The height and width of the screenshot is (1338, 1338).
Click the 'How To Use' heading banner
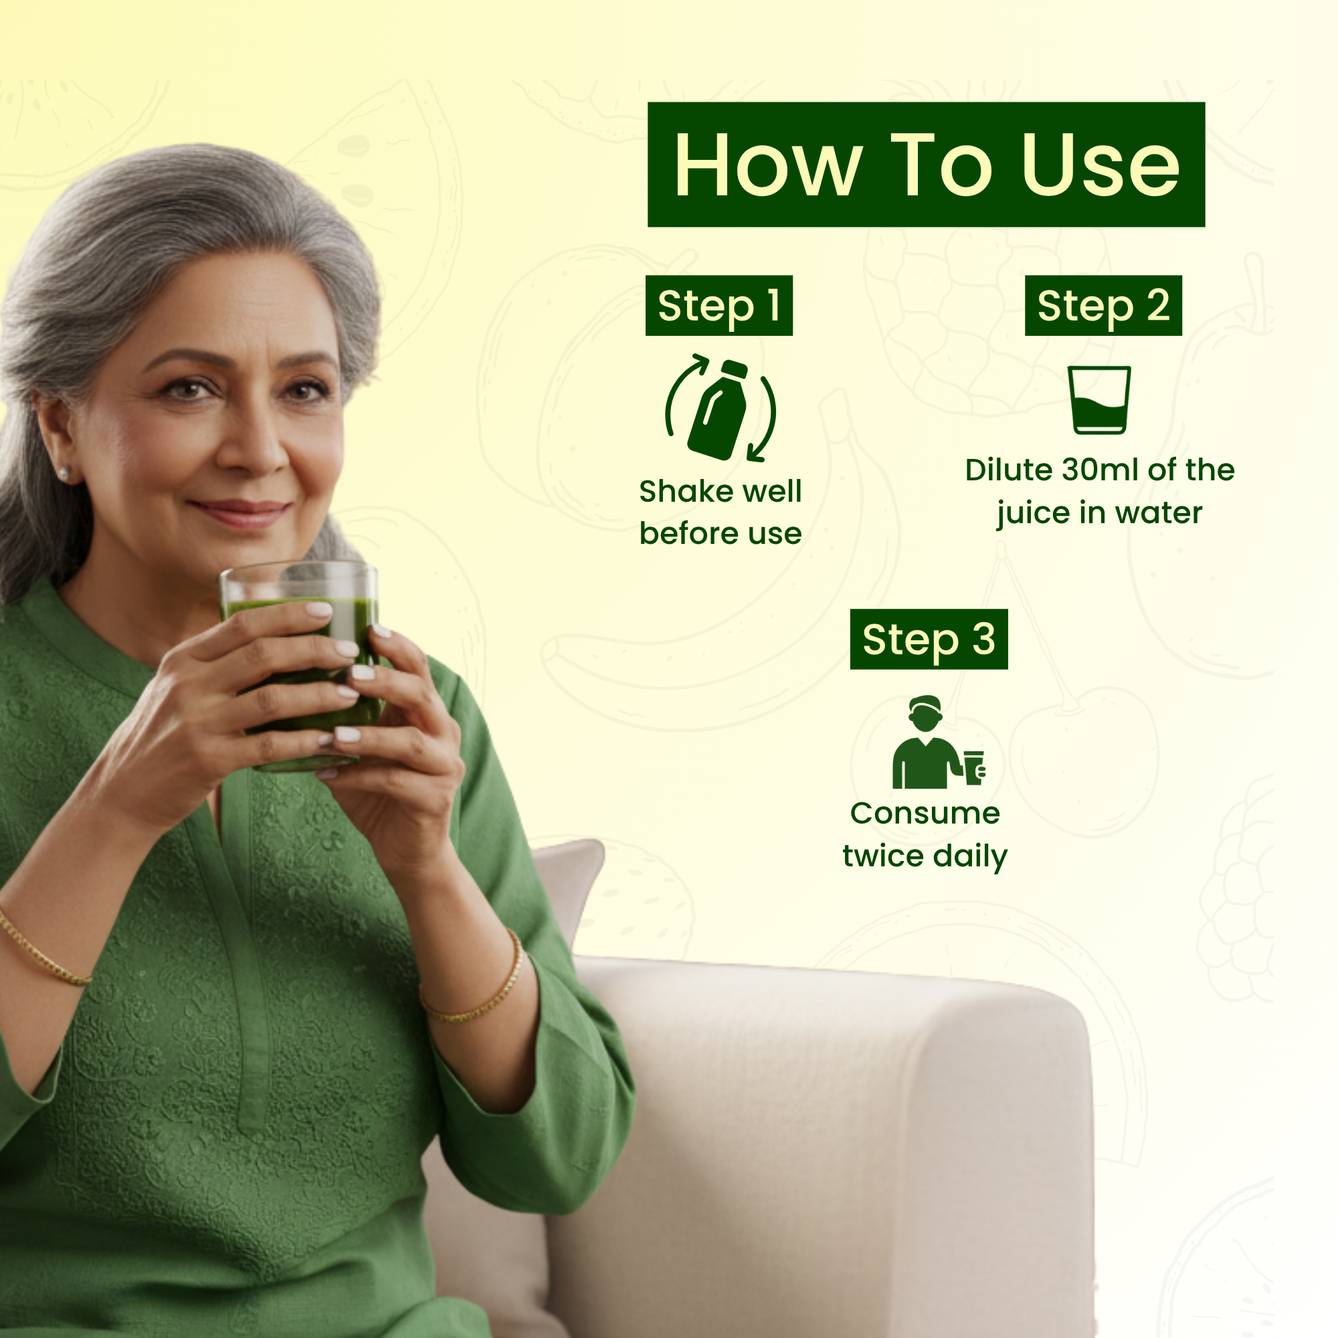[926, 164]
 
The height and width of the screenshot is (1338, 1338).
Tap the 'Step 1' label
[719, 306]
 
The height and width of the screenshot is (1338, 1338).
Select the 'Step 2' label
[1103, 306]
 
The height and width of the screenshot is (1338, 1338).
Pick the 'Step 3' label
[929, 639]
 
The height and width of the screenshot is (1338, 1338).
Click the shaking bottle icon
[721, 409]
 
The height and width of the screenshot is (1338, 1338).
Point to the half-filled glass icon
[1099, 400]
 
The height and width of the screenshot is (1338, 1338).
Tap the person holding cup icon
[938, 743]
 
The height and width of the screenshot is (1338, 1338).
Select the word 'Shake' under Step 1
[677, 491]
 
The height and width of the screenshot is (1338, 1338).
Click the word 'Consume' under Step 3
[925, 813]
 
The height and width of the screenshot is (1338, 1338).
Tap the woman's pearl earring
[64, 474]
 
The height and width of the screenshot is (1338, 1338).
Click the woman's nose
[254, 444]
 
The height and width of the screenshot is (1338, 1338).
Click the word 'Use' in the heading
[1100, 165]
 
